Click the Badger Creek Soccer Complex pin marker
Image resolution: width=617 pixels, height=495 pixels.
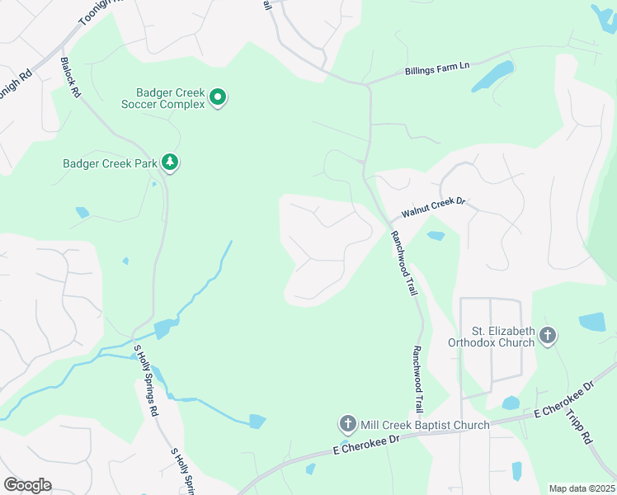click(218, 97)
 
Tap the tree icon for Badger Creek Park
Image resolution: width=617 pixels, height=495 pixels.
click(170, 162)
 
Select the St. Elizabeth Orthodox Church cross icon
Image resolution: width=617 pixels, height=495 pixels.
click(549, 336)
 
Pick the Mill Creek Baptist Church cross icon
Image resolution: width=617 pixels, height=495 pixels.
click(347, 424)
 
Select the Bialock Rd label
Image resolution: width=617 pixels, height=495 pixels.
click(70, 78)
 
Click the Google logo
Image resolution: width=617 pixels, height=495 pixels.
click(27, 485)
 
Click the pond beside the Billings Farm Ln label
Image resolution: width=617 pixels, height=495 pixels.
click(494, 76)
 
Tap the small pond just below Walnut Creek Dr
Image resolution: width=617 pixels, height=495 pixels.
click(436, 236)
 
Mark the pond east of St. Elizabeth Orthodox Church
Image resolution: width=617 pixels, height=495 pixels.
click(592, 322)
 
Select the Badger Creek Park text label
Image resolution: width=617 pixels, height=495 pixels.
click(110, 163)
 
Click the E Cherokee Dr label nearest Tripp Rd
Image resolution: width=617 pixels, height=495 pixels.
click(564, 398)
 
